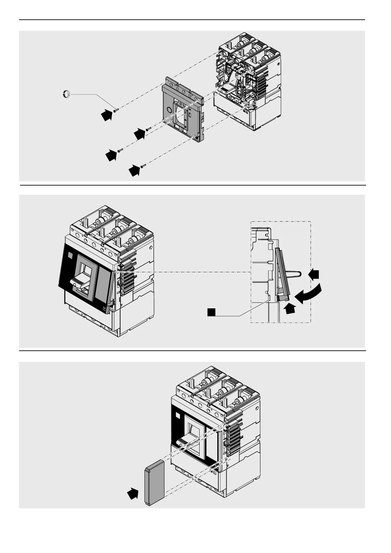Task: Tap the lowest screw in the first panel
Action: point(142,166)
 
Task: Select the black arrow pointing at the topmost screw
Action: point(106,115)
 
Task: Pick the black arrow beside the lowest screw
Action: point(134,171)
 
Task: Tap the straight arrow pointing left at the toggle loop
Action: point(314,274)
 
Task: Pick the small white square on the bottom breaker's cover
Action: point(178,416)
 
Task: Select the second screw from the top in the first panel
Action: point(148,129)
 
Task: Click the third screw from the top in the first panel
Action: point(120,150)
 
